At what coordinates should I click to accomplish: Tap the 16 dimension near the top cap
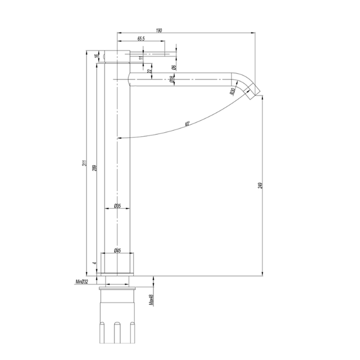point(97,56)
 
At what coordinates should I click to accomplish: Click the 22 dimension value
point(149,71)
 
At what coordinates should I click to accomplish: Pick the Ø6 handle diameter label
point(174,66)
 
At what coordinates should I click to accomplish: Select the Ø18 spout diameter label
point(172,79)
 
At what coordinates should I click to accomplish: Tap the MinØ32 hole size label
point(82,281)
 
